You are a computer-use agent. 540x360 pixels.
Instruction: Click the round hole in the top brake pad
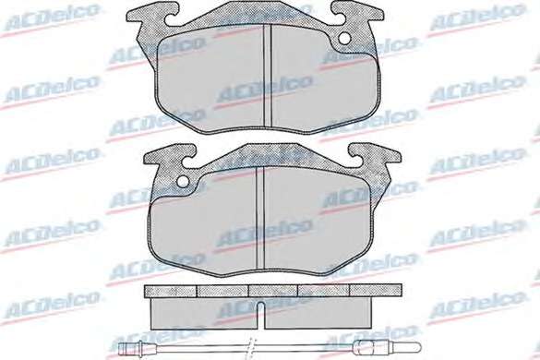344,39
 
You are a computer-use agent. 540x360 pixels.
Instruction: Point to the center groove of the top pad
268,75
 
